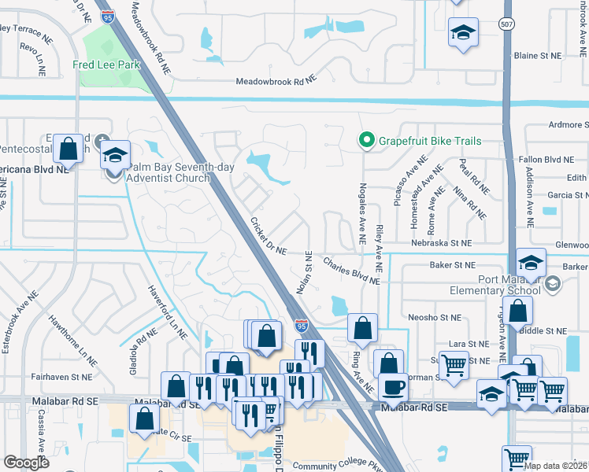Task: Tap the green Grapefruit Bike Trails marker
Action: pyautogui.click(x=365, y=141)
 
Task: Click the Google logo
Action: pyautogui.click(x=27, y=463)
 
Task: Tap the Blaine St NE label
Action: pyautogui.click(x=538, y=56)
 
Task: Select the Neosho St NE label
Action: pyautogui.click(x=434, y=317)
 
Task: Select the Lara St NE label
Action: pyautogui.click(x=469, y=344)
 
